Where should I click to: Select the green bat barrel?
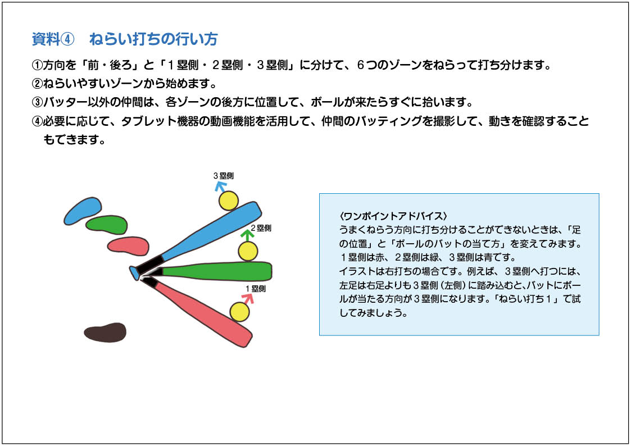(217, 271)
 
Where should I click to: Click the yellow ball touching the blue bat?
(229, 201)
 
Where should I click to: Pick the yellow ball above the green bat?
(248, 251)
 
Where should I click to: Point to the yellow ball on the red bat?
(239, 312)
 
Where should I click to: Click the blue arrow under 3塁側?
(220, 186)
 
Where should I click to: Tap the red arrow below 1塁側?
(248, 298)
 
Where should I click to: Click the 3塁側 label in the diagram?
(223, 176)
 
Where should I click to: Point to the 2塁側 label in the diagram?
(261, 228)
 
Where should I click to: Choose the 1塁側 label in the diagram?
(256, 289)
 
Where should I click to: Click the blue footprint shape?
(83, 210)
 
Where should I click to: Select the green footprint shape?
(107, 225)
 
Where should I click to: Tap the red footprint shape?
(128, 246)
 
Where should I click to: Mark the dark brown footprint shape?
(105, 332)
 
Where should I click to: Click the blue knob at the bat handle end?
(134, 272)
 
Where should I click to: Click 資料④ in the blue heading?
(53, 39)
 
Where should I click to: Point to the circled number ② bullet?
(37, 84)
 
